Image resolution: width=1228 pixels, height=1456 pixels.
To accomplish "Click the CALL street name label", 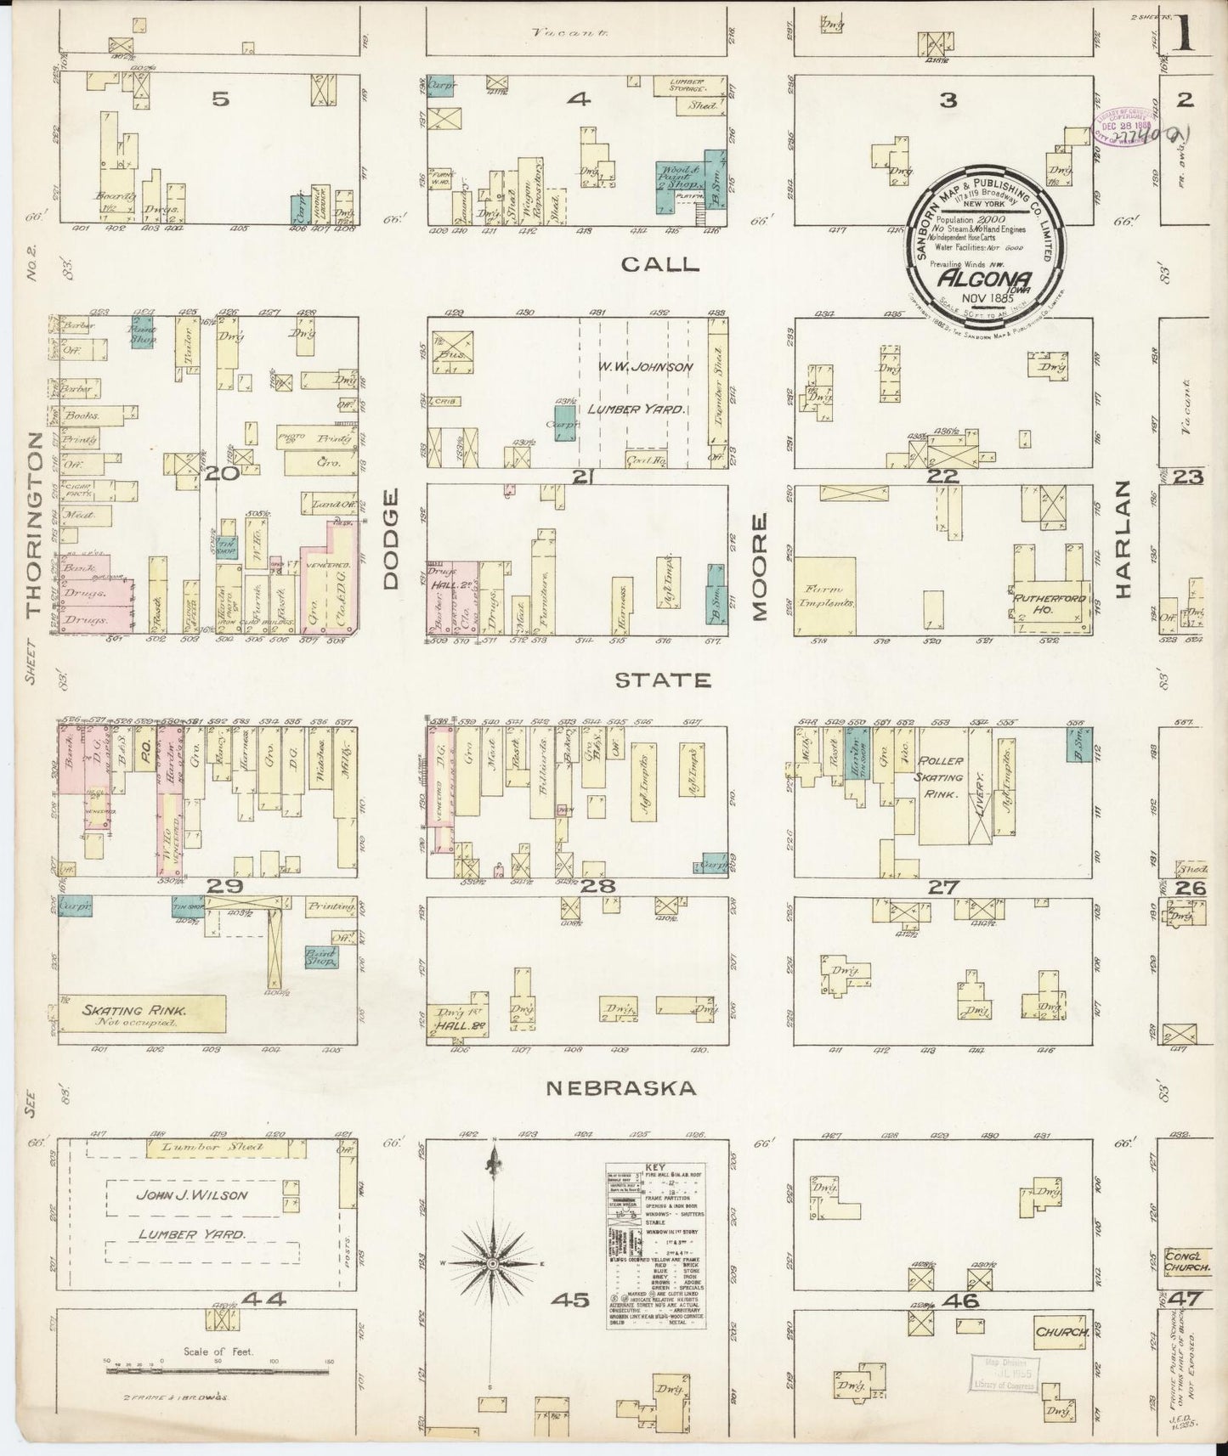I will tap(659, 264).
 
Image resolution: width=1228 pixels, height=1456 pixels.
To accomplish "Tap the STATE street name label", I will tap(674, 680).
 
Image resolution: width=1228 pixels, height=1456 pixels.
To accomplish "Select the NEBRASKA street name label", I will tap(620, 1087).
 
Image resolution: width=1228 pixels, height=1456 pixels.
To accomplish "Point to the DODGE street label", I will tap(390, 550).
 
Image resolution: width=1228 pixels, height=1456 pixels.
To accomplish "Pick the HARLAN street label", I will tap(1123, 539).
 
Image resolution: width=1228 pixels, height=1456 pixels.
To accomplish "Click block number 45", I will tap(569, 1299).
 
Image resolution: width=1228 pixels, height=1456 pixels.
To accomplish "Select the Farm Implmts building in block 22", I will tap(825, 595).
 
